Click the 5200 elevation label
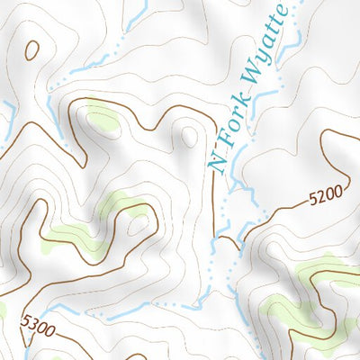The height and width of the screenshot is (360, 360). [x=325, y=193]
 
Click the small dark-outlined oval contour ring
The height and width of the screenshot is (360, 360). [x=31, y=50]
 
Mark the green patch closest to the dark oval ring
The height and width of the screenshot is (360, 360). [x=101, y=117]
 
